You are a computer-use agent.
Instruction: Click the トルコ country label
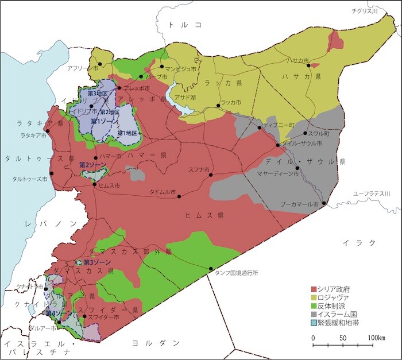tap(183, 25)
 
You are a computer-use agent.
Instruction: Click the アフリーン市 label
tap(82, 68)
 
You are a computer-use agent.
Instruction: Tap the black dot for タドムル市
tap(180, 197)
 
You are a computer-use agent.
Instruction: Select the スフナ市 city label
tap(198, 169)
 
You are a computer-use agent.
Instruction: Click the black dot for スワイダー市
tap(84, 316)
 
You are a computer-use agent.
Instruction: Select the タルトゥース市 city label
tap(28, 179)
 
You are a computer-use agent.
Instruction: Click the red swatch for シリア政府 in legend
tap(314, 288)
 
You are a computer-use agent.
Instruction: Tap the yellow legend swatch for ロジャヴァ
tap(314, 297)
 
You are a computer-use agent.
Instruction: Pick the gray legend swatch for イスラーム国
tap(314, 315)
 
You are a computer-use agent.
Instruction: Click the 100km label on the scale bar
tap(377, 337)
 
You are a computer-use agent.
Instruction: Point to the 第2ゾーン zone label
tap(91, 164)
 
